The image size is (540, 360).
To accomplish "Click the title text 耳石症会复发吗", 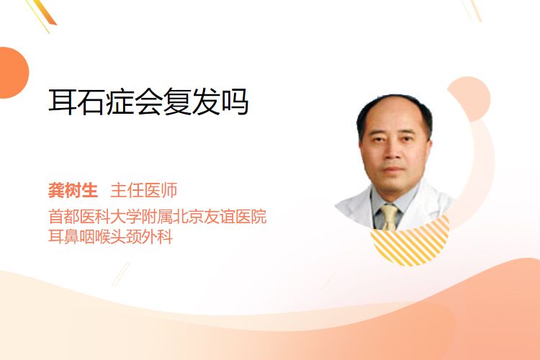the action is tap(148, 102).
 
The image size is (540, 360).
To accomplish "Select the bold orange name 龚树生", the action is tap(73, 190).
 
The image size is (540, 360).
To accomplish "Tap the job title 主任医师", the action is tap(144, 190).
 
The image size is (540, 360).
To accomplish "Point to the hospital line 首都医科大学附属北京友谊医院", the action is tap(158, 216).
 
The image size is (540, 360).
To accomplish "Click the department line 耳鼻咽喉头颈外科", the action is tap(111, 236).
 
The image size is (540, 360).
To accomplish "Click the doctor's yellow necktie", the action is tap(389, 217).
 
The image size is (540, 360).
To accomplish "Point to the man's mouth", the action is tap(393, 169).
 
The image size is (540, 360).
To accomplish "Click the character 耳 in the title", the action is tap(63, 102).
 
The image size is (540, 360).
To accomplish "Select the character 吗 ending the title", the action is tap(235, 102).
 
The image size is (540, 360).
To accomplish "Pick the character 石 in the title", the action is tap(91, 102).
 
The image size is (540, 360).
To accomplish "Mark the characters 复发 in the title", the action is tap(191, 102).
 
